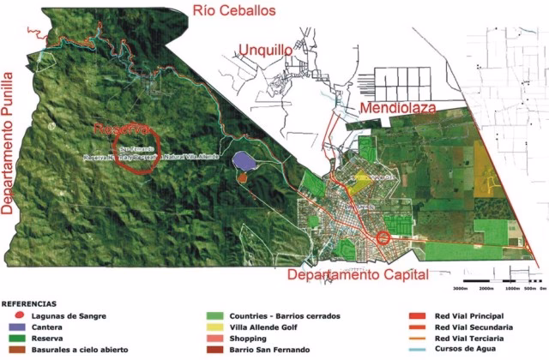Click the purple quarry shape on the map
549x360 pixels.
pos(244,160)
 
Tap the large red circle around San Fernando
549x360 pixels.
pos(132,151)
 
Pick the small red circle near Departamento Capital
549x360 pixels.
pos(383,237)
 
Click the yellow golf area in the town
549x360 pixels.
pos(360,181)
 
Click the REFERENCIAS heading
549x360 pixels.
pos(29,303)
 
